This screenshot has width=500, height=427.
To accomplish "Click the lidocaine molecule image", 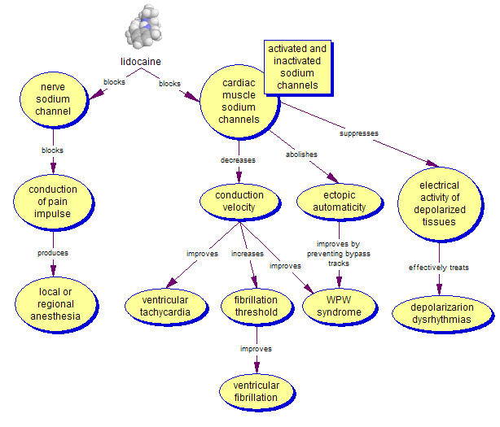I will tap(146, 27).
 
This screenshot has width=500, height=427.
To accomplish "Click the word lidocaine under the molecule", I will tap(140, 61).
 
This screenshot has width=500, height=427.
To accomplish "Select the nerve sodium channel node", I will tap(52, 98).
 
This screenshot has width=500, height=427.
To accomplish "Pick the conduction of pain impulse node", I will tap(52, 202).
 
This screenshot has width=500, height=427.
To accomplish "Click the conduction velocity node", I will tap(239, 201).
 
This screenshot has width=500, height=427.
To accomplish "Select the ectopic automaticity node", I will tap(339, 201).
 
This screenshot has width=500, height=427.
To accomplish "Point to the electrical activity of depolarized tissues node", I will tap(439, 198).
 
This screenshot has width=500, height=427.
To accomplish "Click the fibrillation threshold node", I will tap(256, 306).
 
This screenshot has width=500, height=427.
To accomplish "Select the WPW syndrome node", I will tap(339, 306).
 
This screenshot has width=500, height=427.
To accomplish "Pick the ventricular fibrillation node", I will tap(256, 391).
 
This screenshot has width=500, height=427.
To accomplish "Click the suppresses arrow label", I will tap(358, 133).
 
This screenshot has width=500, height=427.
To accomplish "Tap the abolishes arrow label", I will tap(301, 154).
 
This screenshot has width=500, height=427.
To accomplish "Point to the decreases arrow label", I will tap(238, 160).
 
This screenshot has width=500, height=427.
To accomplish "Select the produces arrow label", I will tap(52, 253).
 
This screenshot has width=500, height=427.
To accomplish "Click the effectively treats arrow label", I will tap(439, 267).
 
